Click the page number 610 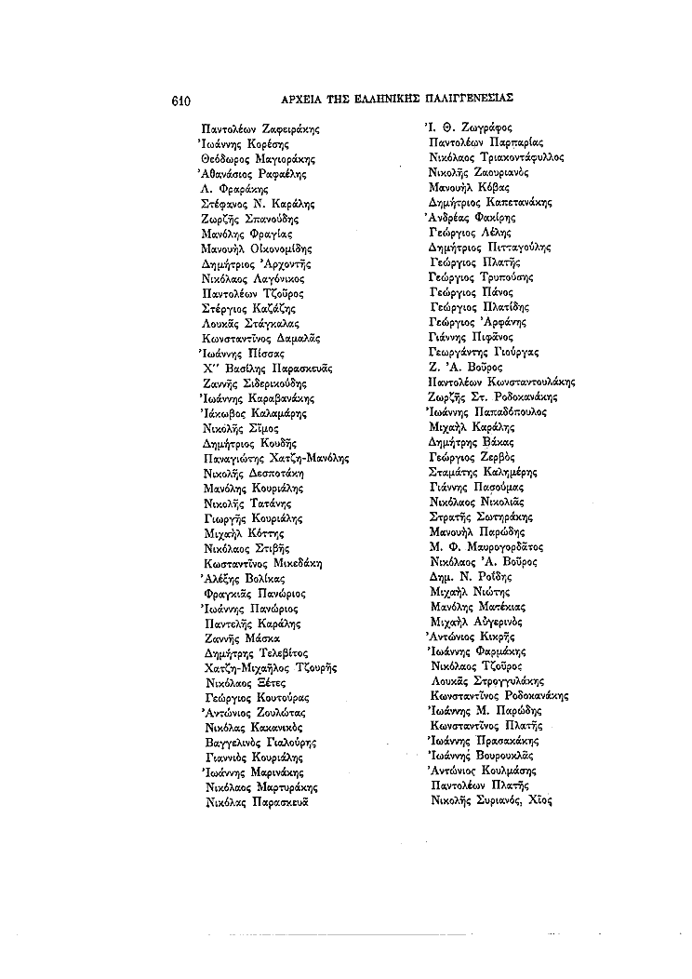pos(181,97)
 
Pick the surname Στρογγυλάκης pos(519,680)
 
